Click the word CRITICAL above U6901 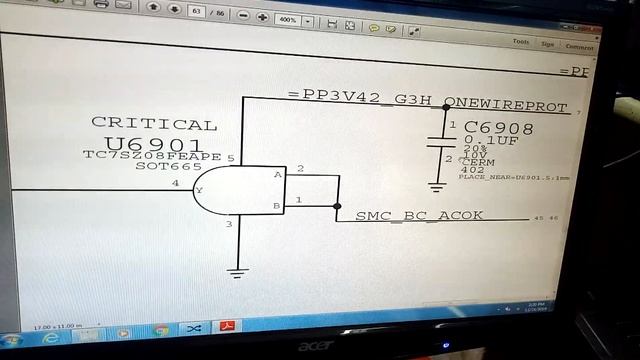click(154, 124)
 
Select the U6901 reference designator click(153, 144)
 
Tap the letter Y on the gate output click(199, 189)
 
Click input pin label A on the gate click(277, 174)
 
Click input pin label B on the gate click(277, 206)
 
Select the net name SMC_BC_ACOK click(419, 216)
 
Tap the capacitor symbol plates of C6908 click(437, 141)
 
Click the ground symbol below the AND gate click(237, 270)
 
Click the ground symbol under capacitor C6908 click(437, 185)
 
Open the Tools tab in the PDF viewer click(521, 42)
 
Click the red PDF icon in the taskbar click(227, 328)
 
